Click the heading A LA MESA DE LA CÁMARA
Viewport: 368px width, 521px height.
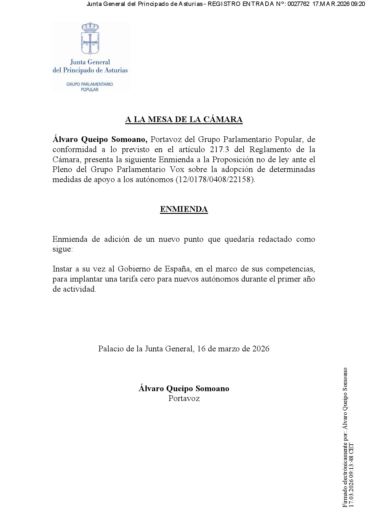pos(184,119)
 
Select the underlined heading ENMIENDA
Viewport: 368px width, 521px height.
pos(184,209)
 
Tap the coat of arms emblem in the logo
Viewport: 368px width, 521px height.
pos(90,39)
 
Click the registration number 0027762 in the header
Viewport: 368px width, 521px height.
pos(298,4)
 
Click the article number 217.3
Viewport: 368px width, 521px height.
pos(220,149)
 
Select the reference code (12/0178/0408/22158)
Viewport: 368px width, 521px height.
pos(215,179)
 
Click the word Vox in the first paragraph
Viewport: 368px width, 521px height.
pos(177,169)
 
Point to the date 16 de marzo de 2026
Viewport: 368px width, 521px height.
pos(233,349)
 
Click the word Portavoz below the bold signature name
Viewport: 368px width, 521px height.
pos(184,398)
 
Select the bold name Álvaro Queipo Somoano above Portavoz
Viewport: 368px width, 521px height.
pos(184,389)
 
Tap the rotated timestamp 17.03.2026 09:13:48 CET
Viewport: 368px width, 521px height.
pos(351,475)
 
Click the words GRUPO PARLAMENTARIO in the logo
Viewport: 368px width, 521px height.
pos(90,84)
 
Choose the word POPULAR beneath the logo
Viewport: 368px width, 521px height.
pos(90,90)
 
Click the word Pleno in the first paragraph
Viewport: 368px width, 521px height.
pos(62,169)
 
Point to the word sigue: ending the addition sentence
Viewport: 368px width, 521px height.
pos(63,249)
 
